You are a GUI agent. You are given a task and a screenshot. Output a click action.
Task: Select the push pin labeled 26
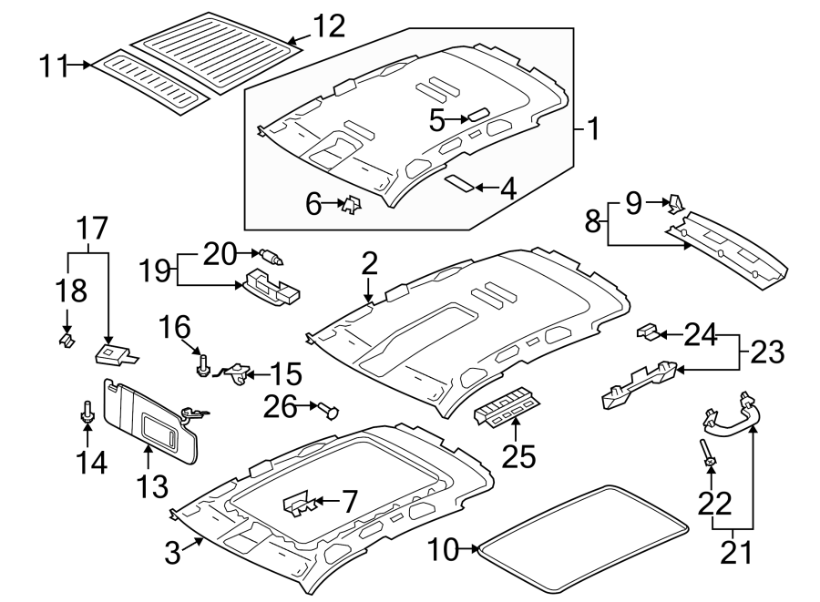(x=329, y=410)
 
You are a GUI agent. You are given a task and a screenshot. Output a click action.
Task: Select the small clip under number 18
(x=66, y=340)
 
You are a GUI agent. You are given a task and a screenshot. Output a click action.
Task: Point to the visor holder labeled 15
(x=236, y=372)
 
